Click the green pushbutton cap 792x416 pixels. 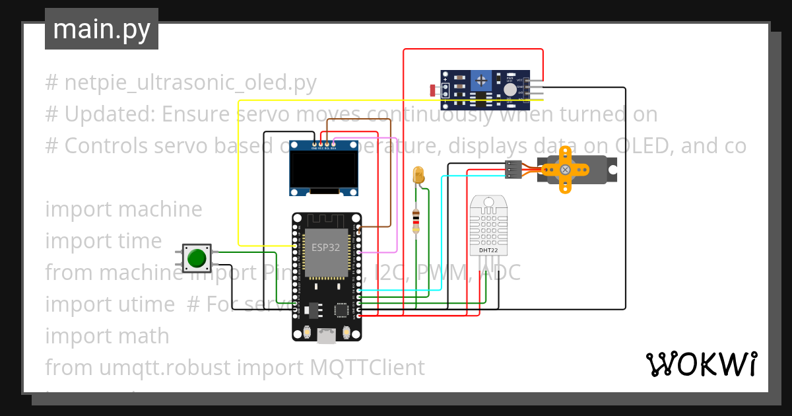point(196,258)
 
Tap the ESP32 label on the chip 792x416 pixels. point(326,248)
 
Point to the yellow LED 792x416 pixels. point(418,174)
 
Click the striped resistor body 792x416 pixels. point(416,221)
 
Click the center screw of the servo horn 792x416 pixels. point(565,170)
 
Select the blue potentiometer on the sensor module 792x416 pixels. point(482,81)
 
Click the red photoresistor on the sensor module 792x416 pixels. point(432,90)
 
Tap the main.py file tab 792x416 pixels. point(101,29)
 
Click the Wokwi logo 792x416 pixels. point(701,364)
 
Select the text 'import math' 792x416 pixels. point(107,335)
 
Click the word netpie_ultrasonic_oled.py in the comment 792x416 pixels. point(190,83)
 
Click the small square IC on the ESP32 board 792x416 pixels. point(342,310)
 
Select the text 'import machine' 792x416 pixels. point(123,209)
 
